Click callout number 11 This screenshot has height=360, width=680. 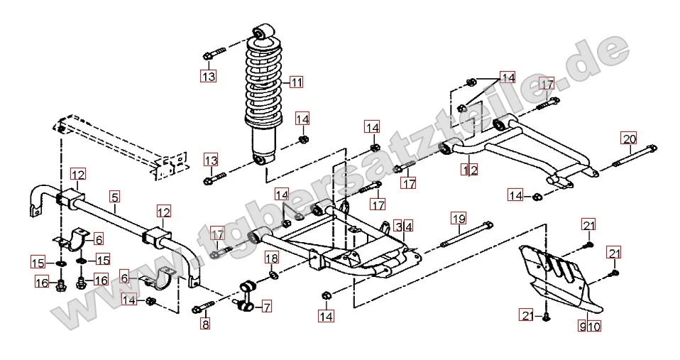point(296,82)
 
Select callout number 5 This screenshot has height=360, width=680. point(115,197)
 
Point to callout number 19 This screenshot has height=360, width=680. point(458,219)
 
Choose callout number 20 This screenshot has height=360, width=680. point(629,138)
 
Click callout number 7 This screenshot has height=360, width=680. point(265,307)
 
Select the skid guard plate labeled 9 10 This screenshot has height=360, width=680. point(561,277)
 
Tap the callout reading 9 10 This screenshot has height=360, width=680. point(589,327)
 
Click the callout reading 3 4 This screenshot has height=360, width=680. point(403,227)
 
